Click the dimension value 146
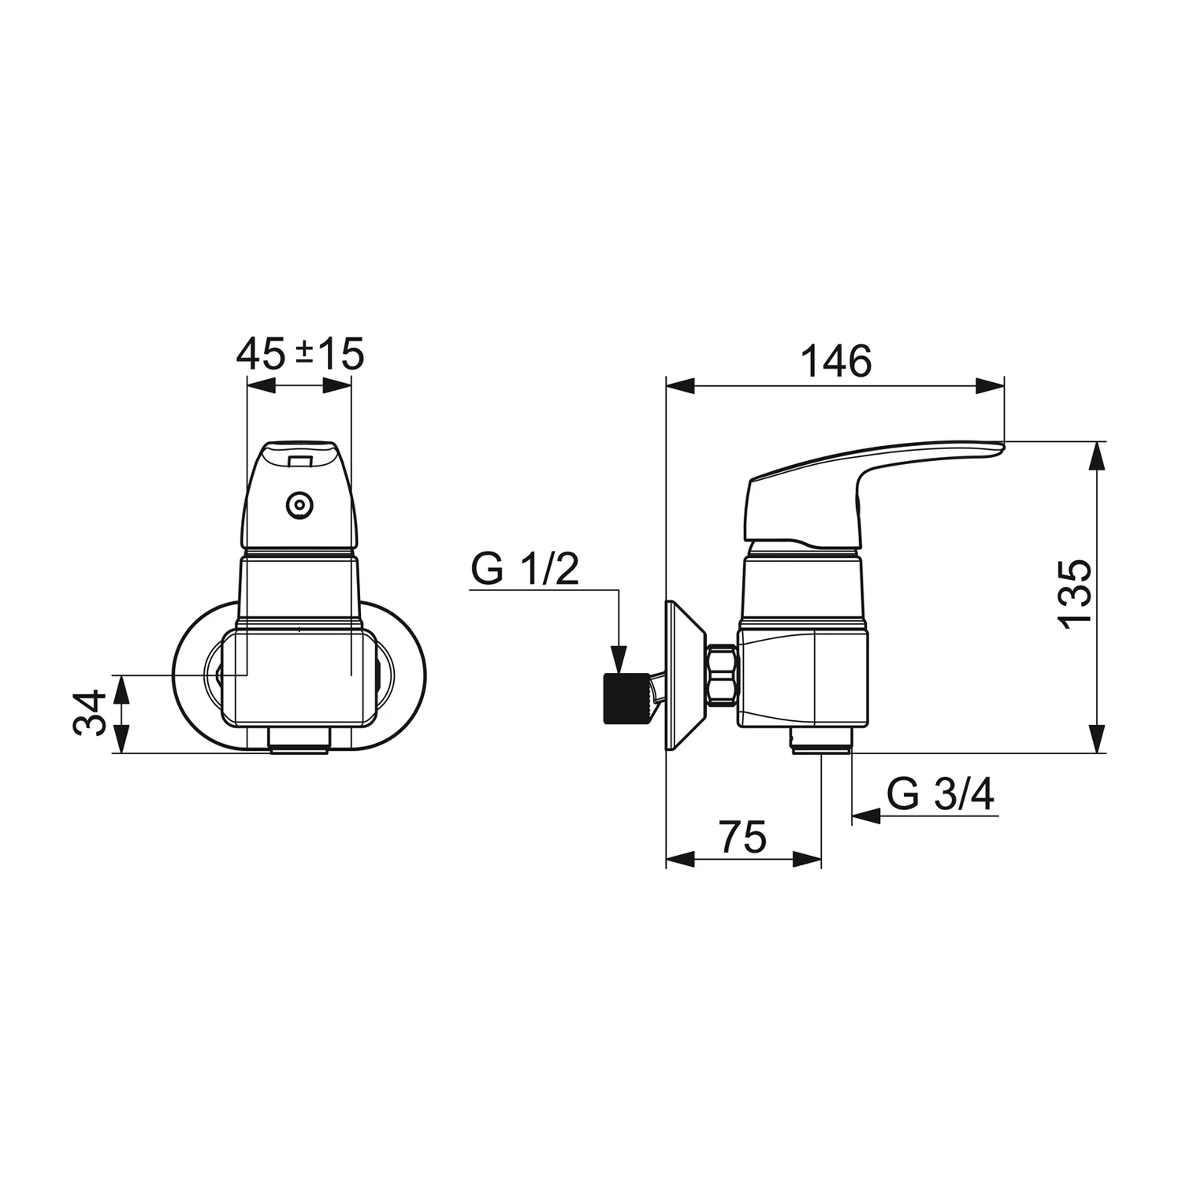836,362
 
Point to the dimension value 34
89,712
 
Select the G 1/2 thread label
525,569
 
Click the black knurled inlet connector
626,699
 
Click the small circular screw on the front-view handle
299,506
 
